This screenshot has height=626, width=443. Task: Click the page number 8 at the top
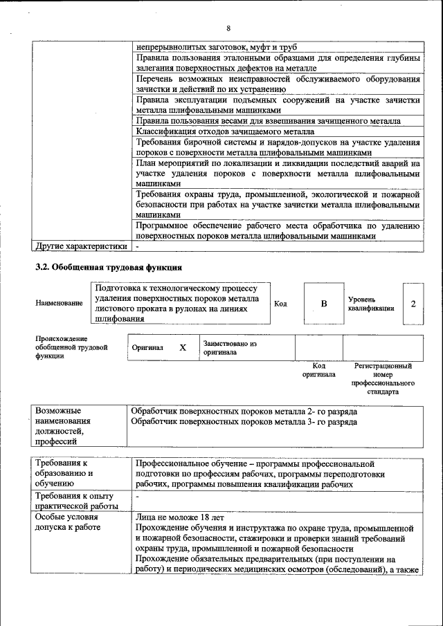pyautogui.click(x=228, y=28)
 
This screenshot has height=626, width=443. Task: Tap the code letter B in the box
pyautogui.click(x=323, y=304)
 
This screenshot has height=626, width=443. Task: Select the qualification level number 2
pyautogui.click(x=413, y=304)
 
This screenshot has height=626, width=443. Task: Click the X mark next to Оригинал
pyautogui.click(x=183, y=348)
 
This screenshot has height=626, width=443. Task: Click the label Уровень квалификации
pyautogui.click(x=371, y=304)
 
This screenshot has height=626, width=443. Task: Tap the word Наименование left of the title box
pyautogui.click(x=59, y=303)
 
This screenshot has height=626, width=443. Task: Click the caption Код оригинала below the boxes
pyautogui.click(x=318, y=369)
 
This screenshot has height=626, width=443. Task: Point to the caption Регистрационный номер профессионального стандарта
pyautogui.click(x=383, y=378)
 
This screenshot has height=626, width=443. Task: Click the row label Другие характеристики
pyautogui.click(x=81, y=246)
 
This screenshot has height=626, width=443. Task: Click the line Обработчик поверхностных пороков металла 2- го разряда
pyautogui.click(x=244, y=411)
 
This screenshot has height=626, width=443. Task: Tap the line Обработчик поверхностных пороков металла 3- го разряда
pyautogui.click(x=244, y=421)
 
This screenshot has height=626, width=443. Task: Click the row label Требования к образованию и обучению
pyautogui.click(x=66, y=474)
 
